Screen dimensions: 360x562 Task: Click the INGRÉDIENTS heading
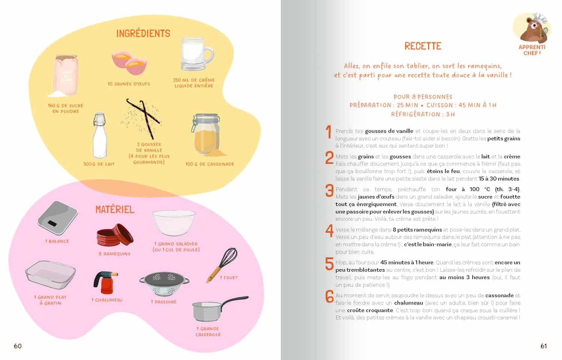(143, 34)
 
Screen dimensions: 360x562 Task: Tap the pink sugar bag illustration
(66, 75)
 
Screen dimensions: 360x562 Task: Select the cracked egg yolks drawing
(129, 63)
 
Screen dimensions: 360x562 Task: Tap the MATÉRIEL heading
(115, 209)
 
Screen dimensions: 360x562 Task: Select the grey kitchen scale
(57, 218)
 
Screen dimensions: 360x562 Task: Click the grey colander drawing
(164, 283)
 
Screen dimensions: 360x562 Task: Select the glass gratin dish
(50, 274)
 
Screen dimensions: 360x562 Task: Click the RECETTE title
(423, 46)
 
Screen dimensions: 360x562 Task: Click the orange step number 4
(329, 231)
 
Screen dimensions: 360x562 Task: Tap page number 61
(544, 346)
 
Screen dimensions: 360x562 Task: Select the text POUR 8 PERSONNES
(423, 97)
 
